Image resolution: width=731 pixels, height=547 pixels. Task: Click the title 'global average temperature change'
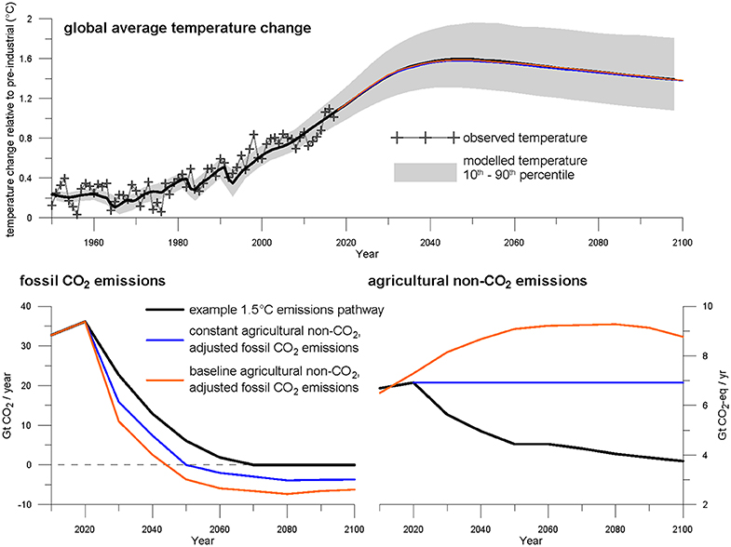click(186, 27)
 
